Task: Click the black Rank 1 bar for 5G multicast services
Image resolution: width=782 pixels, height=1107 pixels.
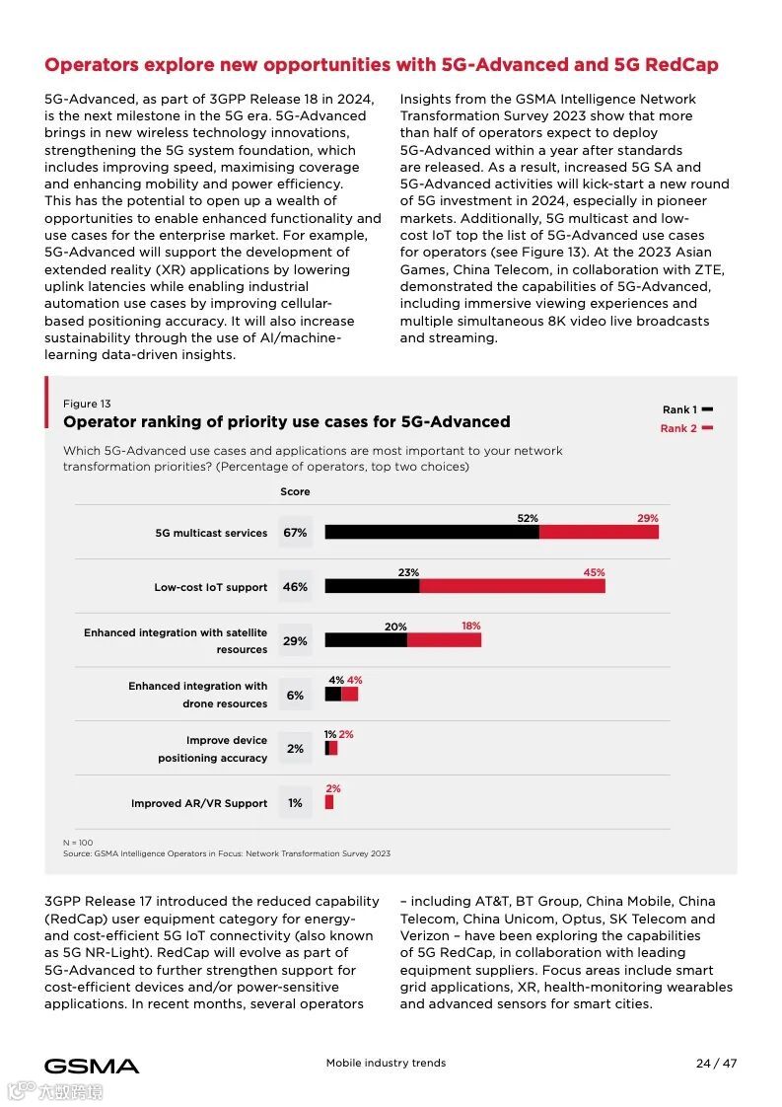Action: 432,532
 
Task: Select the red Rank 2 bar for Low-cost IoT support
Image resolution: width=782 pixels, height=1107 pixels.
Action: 512,586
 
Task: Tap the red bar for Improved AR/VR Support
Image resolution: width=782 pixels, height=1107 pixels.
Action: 329,802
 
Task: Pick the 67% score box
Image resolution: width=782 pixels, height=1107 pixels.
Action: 295,533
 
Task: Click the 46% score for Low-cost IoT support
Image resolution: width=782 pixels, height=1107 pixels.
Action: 295,587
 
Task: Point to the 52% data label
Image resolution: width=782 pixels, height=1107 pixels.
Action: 528,518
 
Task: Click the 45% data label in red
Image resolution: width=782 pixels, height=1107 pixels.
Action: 594,572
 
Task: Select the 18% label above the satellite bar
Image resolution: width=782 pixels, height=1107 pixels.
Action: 471,626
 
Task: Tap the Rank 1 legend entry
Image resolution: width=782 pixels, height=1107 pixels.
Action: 687,409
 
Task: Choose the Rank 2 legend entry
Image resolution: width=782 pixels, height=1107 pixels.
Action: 686,428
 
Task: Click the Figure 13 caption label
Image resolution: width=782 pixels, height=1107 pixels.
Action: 87,404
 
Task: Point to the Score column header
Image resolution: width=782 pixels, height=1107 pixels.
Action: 295,491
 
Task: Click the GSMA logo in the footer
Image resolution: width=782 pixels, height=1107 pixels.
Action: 92,1066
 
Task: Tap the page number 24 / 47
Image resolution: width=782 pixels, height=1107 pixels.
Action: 716,1063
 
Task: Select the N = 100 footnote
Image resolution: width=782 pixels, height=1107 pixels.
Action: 78,843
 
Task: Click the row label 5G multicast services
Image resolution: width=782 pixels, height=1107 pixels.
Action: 211,533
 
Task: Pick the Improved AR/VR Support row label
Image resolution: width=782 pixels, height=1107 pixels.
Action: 199,803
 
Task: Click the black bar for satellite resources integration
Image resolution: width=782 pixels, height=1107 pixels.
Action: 366,639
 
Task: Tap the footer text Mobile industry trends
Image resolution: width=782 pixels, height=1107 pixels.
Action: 386,1063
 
